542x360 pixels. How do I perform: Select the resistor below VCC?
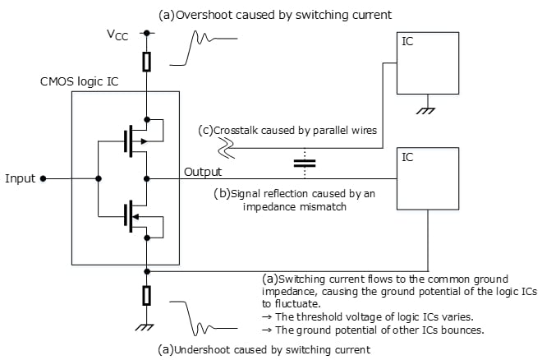click(146, 62)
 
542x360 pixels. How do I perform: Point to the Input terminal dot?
click(44, 178)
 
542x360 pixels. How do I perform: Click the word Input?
click(20, 178)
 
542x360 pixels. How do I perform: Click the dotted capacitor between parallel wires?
click(305, 163)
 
